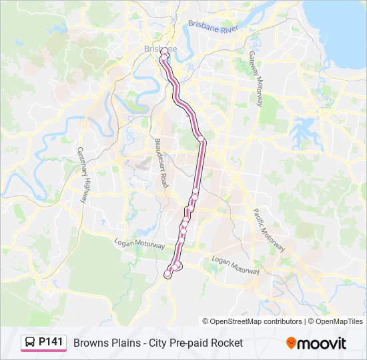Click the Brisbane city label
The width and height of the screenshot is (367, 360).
(x=160, y=49)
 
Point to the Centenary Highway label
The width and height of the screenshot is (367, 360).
(x=83, y=175)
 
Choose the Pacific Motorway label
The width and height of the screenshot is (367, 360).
(x=269, y=230)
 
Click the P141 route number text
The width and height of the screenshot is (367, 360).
(x=51, y=343)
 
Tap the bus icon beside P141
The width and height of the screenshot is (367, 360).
(x=31, y=343)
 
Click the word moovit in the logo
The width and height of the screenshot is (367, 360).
(x=322, y=343)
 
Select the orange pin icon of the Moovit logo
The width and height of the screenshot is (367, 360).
(x=291, y=343)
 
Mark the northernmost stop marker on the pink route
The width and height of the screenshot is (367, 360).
(x=164, y=50)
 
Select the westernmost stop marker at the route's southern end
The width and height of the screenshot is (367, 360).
(x=167, y=274)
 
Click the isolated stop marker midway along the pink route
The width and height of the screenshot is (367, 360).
(x=200, y=138)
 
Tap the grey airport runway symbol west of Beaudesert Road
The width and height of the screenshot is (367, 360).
(x=141, y=164)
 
